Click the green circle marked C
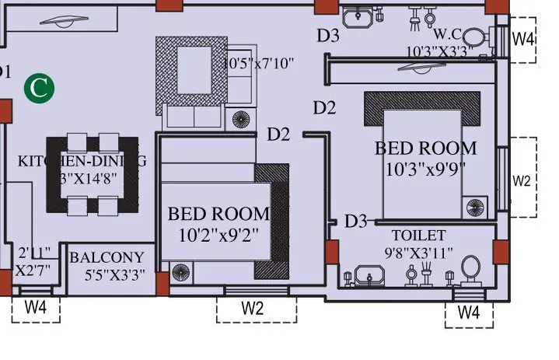(39, 88)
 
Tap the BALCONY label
(107, 257)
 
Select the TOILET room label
(418, 235)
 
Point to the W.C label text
(448, 35)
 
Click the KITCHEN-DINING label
(82, 161)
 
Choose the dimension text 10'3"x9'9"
(425, 167)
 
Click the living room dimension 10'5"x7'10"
(259, 62)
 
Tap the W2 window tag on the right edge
(522, 180)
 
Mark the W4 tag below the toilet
(468, 313)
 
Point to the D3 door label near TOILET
(355, 222)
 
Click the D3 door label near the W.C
(328, 35)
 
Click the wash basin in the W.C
(360, 16)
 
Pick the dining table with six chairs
(92, 174)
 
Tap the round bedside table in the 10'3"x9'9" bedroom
(474, 206)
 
